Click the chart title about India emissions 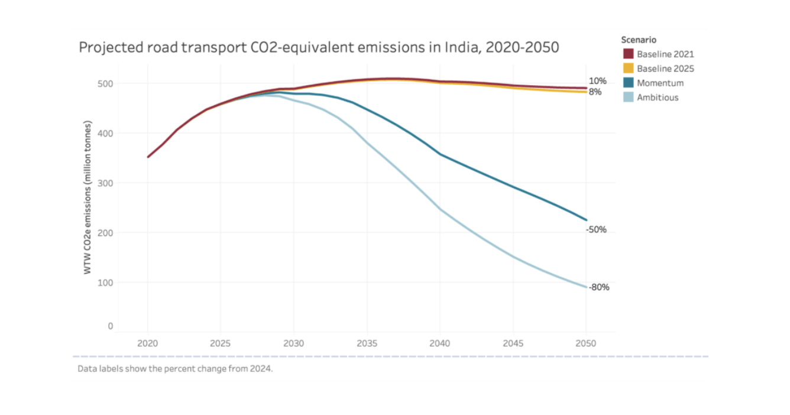(319, 48)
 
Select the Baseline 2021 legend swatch (628, 54)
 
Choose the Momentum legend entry (660, 83)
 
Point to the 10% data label (597, 81)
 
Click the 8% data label (594, 92)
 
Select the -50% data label (596, 230)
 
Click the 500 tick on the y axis (106, 84)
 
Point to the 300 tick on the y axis (106, 183)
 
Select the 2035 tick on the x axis (367, 343)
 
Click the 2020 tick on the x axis (147, 343)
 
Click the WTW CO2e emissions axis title (88, 197)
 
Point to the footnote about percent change (175, 369)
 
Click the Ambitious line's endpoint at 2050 (585, 287)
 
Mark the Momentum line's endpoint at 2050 (585, 220)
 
